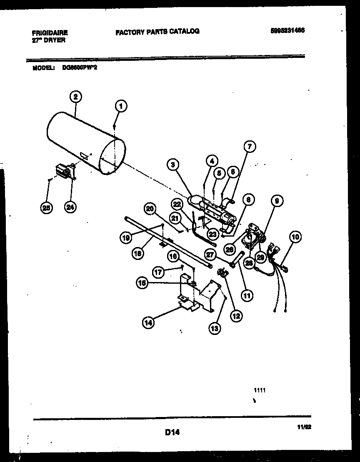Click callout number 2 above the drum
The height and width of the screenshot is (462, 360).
point(75,97)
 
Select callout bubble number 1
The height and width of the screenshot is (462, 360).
point(120,106)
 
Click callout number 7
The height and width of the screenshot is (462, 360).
point(250,146)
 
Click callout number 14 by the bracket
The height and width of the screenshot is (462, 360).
point(148,322)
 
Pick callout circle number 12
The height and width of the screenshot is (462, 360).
point(236,316)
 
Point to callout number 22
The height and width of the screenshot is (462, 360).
point(177,204)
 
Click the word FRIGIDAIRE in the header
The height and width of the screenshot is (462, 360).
point(50,32)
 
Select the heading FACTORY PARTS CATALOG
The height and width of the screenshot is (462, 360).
point(157,31)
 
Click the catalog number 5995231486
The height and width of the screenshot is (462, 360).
point(287,30)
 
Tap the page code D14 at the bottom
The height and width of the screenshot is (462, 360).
point(172,433)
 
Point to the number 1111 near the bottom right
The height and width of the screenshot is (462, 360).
point(260,390)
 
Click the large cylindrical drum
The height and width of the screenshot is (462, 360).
point(83,142)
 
